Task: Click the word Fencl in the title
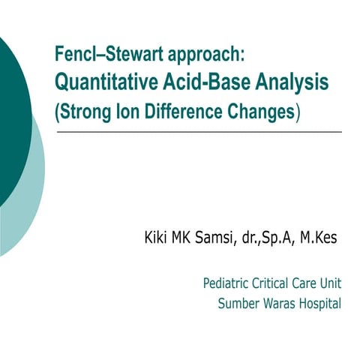point(71,54)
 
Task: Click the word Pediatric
point(227,284)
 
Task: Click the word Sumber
point(237,304)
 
